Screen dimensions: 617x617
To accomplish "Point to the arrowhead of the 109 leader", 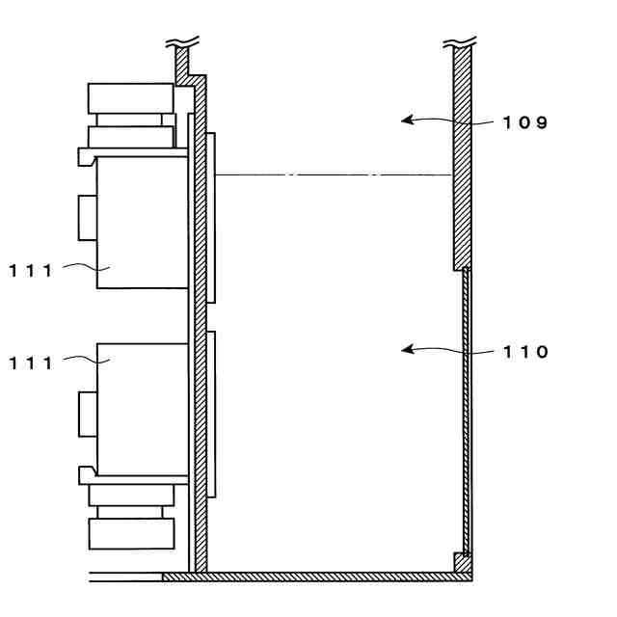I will tap(406, 121).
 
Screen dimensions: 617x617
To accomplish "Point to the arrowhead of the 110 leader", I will tap(406, 350).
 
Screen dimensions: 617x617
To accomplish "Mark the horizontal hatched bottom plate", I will tap(318, 577).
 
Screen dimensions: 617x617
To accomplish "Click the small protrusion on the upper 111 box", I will tap(87, 217).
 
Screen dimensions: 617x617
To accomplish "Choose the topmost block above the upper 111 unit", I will tap(130, 97).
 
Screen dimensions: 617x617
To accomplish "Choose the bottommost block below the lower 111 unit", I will tap(130, 533).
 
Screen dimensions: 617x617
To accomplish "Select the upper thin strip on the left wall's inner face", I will tap(211, 218).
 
